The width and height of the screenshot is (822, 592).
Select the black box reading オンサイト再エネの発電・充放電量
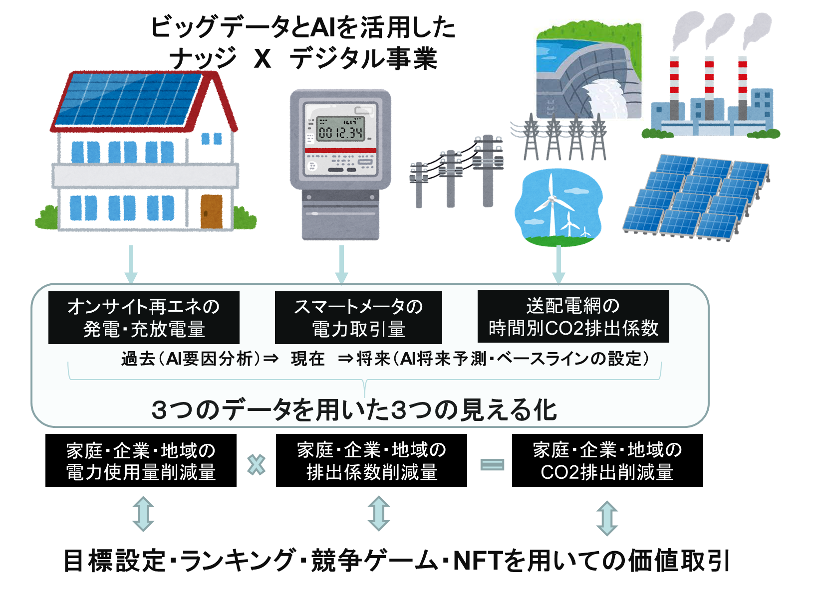point(144,318)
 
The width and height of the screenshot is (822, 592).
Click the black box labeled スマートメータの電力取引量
point(358,318)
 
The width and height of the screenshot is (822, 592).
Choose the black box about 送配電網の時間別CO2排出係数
point(573,316)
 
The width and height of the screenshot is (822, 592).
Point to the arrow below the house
point(131,264)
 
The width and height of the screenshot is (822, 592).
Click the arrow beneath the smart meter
point(341,264)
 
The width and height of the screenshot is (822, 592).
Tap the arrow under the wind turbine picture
point(558,264)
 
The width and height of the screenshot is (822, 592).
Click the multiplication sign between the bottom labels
point(257,465)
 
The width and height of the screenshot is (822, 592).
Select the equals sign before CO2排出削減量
point(492,465)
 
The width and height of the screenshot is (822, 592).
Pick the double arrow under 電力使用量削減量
point(143,514)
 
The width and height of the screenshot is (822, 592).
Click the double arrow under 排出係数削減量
point(379,513)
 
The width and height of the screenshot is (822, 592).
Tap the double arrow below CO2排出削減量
point(607,518)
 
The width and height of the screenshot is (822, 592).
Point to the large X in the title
point(263,59)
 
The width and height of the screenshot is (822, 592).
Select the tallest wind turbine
point(551,204)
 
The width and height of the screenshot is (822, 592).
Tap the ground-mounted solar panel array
point(696,197)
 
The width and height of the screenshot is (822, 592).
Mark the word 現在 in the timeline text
point(307,359)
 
